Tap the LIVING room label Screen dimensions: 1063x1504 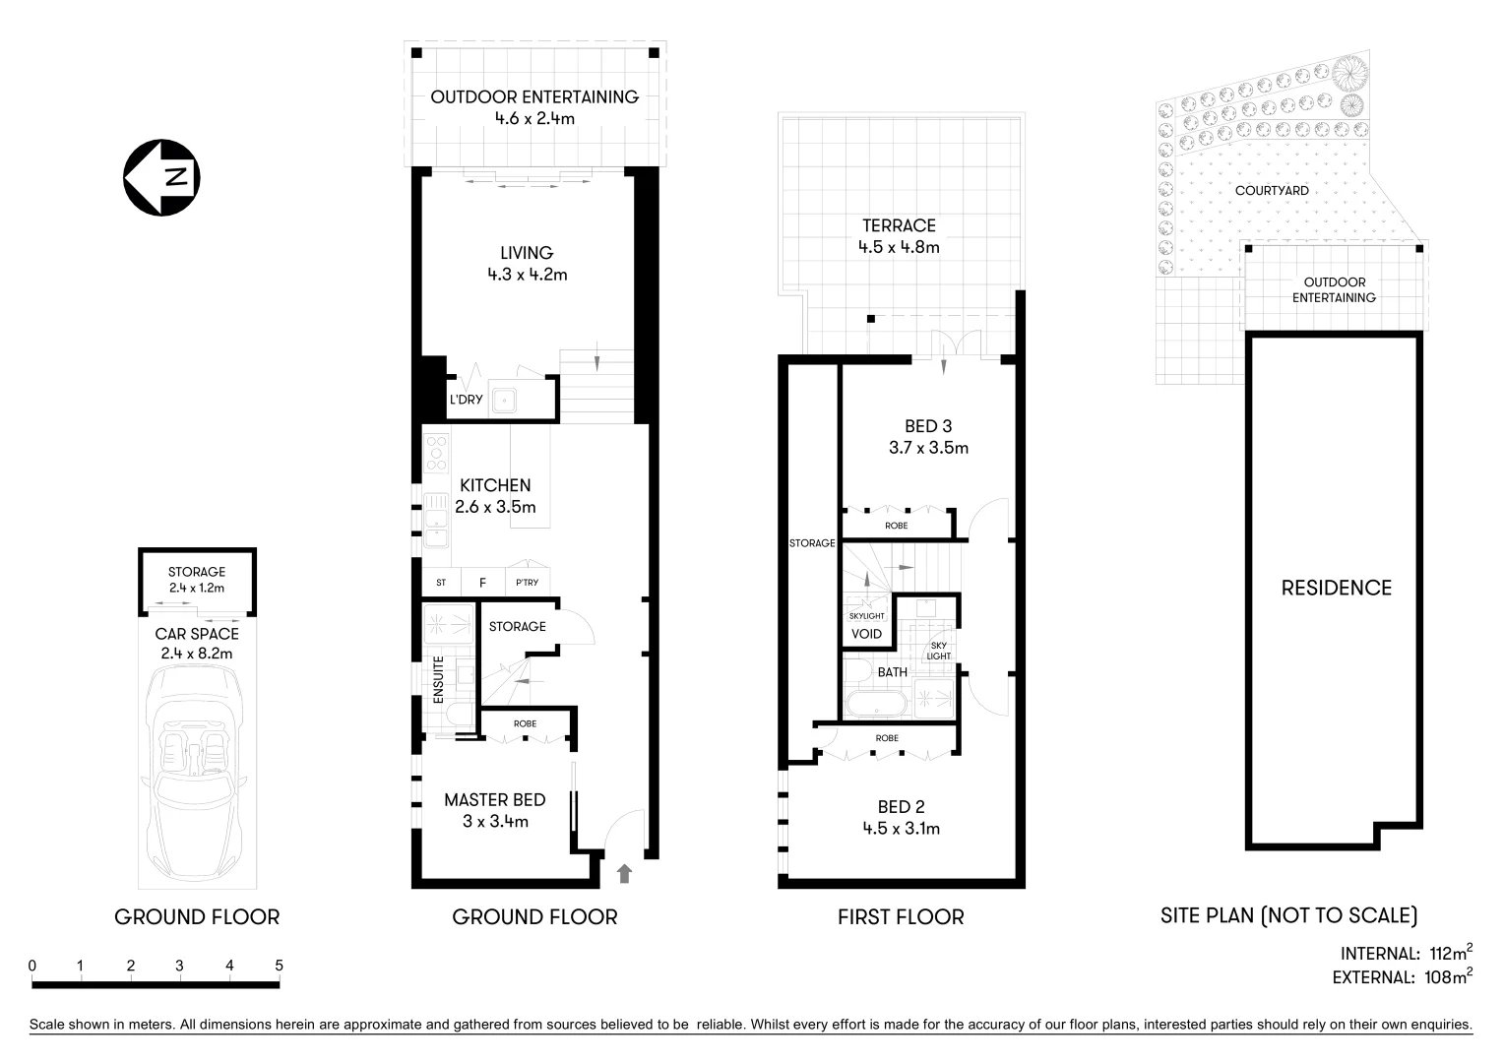[x=527, y=253]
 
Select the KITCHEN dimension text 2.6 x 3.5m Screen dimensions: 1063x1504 [x=495, y=508]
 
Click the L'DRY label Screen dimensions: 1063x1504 [x=466, y=401]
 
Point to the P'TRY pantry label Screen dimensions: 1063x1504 [x=528, y=583]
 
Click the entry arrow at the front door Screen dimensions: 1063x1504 [x=623, y=873]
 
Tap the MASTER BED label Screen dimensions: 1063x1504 [x=494, y=800]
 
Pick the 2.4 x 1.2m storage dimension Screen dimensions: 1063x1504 [x=197, y=589]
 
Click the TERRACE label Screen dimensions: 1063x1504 [x=899, y=225]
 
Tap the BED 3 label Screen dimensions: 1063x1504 [x=928, y=426]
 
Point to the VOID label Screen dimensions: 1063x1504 [x=866, y=634]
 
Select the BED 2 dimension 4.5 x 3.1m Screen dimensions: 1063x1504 [x=901, y=829]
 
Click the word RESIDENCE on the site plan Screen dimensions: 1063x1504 [x=1336, y=589]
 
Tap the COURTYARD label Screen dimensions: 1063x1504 [x=1272, y=191]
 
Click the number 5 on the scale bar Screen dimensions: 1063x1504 [x=279, y=966]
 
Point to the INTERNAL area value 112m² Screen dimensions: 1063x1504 [x=1450, y=953]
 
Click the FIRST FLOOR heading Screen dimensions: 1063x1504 [x=901, y=917]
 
